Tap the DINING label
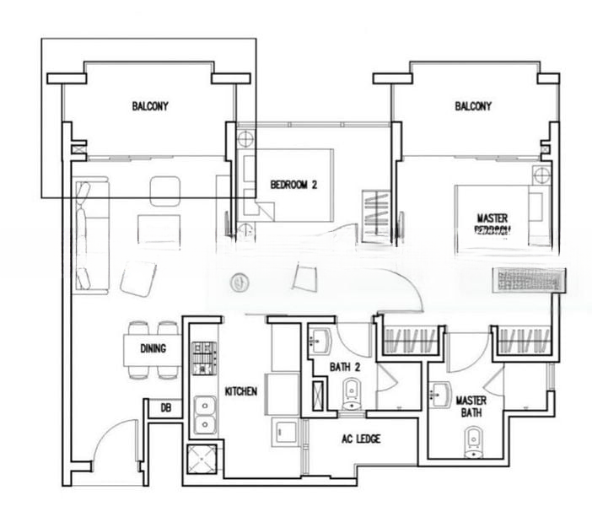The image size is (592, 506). [153, 348]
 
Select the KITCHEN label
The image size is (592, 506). [241, 392]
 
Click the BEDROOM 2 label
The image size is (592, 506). [293, 185]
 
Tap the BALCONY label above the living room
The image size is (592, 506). [150, 106]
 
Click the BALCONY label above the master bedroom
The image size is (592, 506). [473, 106]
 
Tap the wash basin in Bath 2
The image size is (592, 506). [322, 342]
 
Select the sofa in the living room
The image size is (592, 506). [88, 235]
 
